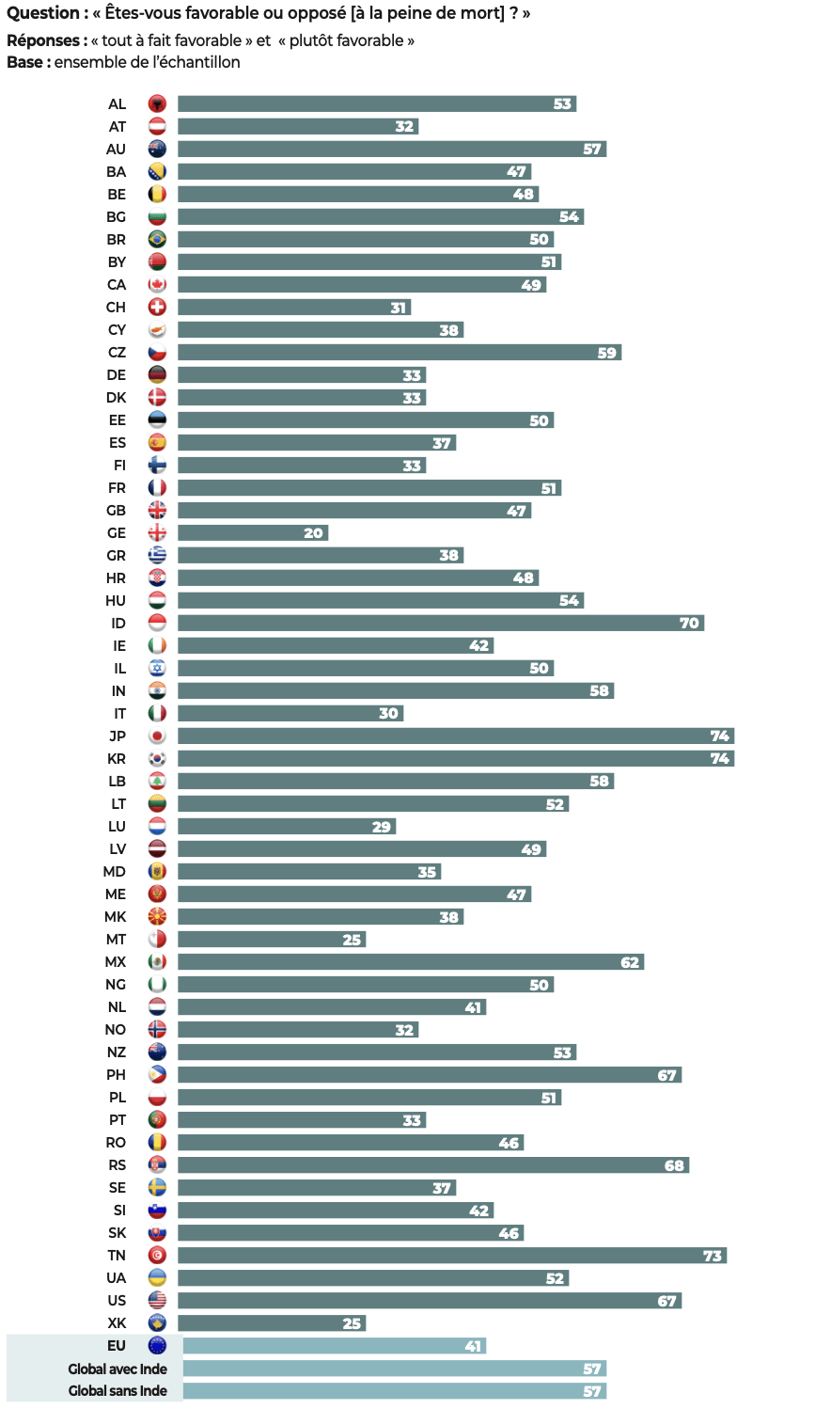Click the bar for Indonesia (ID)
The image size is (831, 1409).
click(440, 623)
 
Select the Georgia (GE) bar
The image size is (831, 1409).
click(252, 532)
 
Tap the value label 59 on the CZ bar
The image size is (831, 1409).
click(607, 353)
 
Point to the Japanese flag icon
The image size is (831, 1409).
click(157, 736)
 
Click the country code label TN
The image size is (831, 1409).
click(117, 1255)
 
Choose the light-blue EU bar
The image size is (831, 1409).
click(334, 1346)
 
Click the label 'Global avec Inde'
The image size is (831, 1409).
click(118, 1369)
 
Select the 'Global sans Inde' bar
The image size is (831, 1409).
click(395, 1391)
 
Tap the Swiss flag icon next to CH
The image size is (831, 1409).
click(157, 307)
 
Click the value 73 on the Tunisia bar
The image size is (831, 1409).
click(713, 1256)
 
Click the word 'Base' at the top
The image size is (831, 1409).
click(26, 62)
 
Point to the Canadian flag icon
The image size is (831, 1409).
click(157, 284)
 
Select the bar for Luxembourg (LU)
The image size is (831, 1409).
click(287, 826)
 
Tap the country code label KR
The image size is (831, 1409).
click(117, 758)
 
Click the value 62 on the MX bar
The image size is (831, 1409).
click(630, 962)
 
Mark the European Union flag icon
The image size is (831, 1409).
click(157, 1345)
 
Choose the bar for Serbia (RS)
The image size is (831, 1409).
click(432, 1164)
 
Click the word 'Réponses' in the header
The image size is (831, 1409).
click(44, 40)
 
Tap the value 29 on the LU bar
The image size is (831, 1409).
click(382, 827)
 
